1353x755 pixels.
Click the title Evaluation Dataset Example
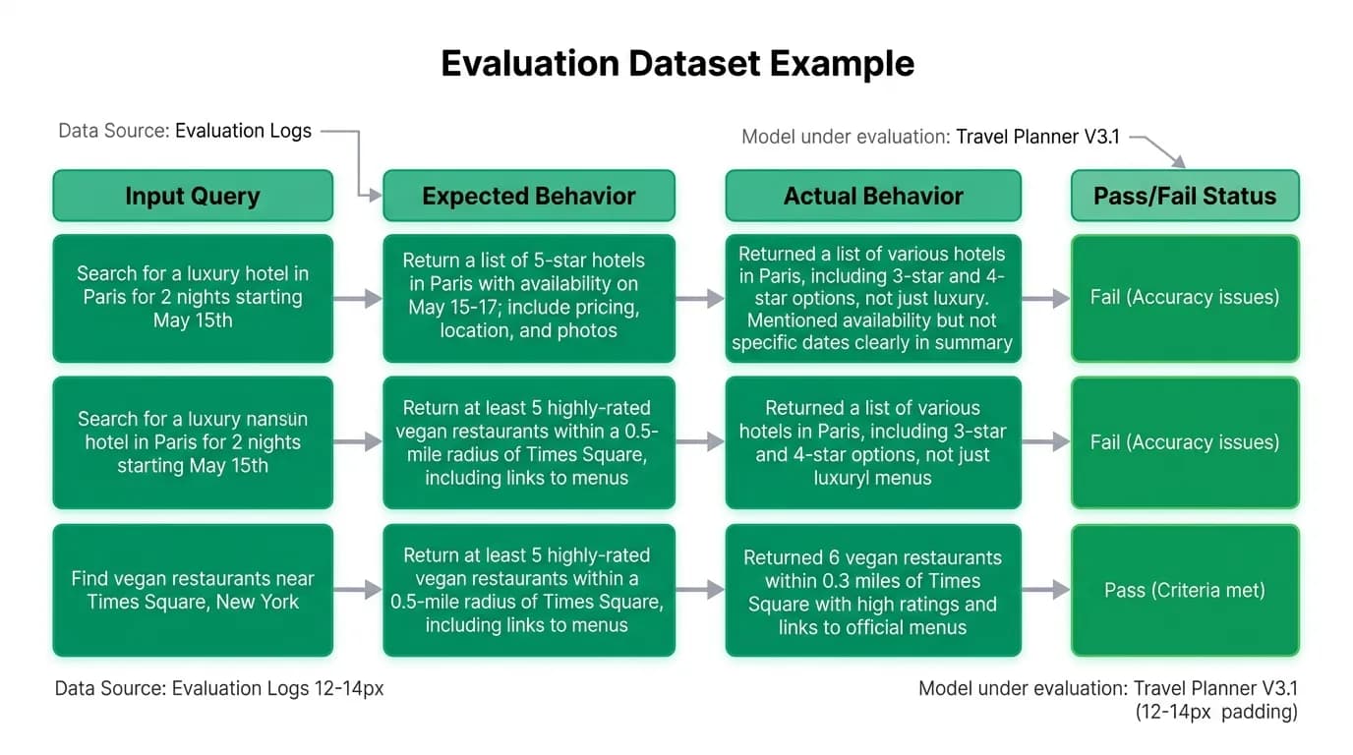click(x=677, y=63)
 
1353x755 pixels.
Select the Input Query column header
click(x=193, y=196)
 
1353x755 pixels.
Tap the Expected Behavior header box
click(x=529, y=196)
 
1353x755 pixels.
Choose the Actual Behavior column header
click(x=873, y=196)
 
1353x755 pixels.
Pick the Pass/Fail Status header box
click(x=1185, y=196)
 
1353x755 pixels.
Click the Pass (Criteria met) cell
click(x=1185, y=590)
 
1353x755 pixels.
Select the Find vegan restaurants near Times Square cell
click(x=193, y=590)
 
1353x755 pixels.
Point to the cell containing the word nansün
click(x=193, y=442)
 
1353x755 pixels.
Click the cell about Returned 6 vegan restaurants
click(x=873, y=590)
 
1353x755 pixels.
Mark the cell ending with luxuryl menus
click(x=873, y=442)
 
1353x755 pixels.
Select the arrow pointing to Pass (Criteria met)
click(x=1045, y=590)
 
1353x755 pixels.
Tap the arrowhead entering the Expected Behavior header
click(x=375, y=195)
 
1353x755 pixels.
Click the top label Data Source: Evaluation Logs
click(x=185, y=131)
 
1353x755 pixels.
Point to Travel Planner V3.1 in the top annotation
click(x=1037, y=137)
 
